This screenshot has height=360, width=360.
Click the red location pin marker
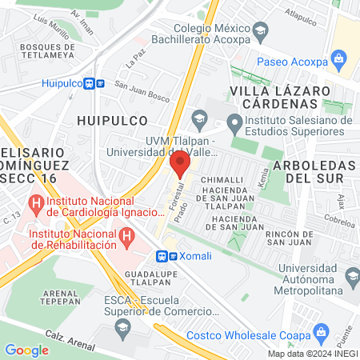pyautogui.click(x=180, y=166)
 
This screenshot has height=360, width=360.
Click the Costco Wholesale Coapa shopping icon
pyautogui.click(x=322, y=331)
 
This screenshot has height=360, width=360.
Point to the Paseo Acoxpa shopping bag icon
pyautogui.click(x=339, y=58)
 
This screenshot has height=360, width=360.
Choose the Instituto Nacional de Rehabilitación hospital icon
pyautogui.click(x=126, y=237)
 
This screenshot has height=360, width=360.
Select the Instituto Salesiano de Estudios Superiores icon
pyautogui.click(x=234, y=122)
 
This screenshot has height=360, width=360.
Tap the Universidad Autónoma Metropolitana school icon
pyautogui.click(x=353, y=276)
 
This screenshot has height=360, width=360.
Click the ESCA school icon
pyautogui.click(x=122, y=326)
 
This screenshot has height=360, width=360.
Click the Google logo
pyautogui.click(x=26, y=350)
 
